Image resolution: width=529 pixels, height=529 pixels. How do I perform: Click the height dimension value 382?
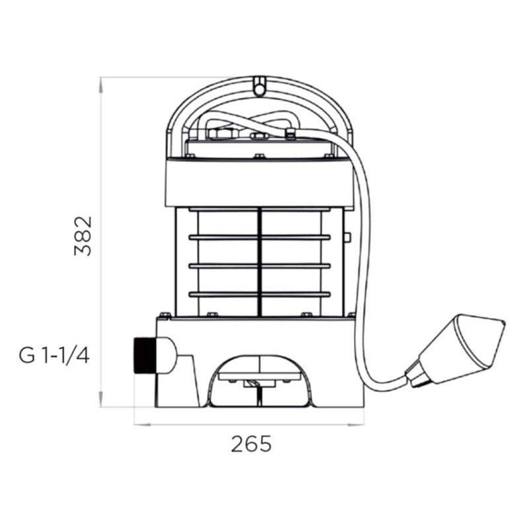(83, 236)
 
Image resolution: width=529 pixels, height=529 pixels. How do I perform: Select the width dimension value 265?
(251, 444)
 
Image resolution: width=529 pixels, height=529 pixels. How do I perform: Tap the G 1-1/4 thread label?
(54, 356)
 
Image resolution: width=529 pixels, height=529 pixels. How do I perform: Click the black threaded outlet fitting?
(145, 355)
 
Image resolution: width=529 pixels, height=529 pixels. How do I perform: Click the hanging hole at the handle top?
(259, 89)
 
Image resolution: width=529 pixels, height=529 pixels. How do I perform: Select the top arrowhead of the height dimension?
(101, 85)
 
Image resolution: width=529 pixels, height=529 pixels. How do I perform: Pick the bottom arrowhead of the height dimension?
(101, 400)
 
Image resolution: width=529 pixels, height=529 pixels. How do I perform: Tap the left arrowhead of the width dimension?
(142, 425)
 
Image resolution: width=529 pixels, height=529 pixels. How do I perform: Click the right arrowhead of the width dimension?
(356, 425)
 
